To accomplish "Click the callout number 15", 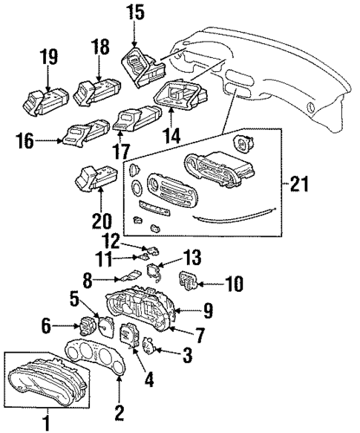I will (x=134, y=12).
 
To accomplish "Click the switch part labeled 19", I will (x=45, y=100).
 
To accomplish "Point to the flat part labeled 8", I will (x=126, y=279).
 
